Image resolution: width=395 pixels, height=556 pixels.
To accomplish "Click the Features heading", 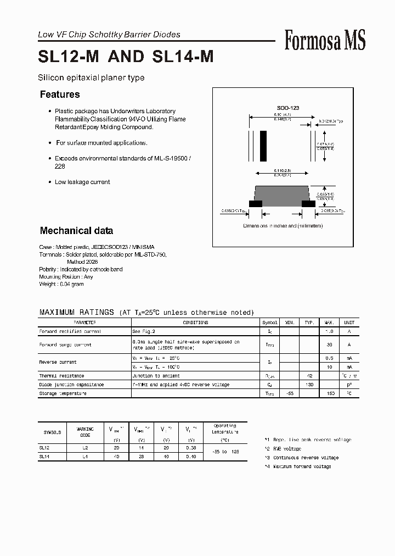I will click(60, 94).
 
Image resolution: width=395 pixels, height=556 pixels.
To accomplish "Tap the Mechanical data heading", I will click(76, 231).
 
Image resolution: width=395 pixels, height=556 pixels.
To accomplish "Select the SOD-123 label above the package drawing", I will click(287, 108).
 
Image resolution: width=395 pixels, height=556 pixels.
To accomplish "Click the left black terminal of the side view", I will click(256, 204).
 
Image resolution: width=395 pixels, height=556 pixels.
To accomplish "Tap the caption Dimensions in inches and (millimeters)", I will click(283, 226).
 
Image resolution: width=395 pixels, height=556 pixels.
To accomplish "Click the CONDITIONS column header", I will click(195, 323).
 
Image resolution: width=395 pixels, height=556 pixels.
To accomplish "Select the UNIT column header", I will click(349, 323).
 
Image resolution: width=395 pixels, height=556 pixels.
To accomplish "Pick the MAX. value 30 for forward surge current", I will click(330, 345).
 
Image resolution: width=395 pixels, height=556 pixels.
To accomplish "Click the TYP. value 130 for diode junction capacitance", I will click(309, 385).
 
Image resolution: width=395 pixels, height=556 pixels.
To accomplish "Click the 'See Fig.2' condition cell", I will click(144, 332).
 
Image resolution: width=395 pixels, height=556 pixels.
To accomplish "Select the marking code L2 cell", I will click(85, 448).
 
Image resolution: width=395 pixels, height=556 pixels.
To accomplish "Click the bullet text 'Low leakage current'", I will click(82, 182).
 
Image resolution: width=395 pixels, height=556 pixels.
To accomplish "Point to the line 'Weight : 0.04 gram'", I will click(61, 284).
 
